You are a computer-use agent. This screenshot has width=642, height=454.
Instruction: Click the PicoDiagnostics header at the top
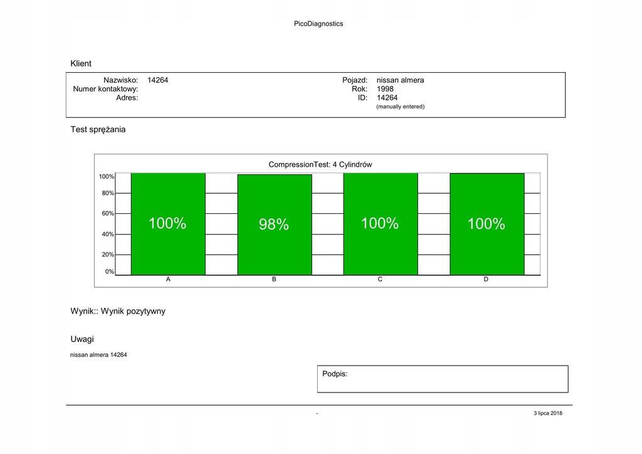click(318, 24)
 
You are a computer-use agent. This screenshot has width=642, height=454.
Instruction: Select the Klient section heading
click(81, 63)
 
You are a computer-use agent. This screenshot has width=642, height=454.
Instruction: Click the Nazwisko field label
click(120, 80)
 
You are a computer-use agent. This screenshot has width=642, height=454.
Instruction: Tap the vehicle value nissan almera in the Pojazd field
click(400, 80)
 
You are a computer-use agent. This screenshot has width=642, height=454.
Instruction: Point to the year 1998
click(385, 89)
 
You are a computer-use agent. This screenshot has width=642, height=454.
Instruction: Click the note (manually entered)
click(400, 107)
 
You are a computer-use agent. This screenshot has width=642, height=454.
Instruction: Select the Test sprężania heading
click(98, 129)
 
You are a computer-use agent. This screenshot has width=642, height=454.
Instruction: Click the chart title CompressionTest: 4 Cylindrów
click(320, 164)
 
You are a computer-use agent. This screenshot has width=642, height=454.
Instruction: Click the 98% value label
click(274, 224)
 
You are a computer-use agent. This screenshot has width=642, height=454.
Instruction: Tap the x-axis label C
click(380, 279)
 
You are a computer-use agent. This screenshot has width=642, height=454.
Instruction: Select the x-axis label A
click(168, 279)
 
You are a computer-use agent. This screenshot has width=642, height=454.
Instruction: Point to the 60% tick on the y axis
click(108, 213)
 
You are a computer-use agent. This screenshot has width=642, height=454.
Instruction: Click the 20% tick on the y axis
click(108, 255)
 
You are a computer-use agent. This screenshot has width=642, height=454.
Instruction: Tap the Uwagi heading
click(82, 339)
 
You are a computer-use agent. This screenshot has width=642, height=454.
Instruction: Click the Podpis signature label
click(335, 374)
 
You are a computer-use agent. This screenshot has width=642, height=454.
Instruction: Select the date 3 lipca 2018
click(548, 413)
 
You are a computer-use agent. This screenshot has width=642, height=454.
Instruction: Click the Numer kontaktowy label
click(105, 89)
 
